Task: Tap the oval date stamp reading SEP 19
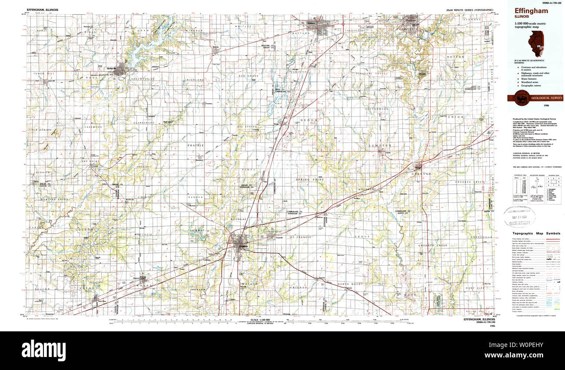point(520,216)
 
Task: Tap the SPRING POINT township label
point(310,179)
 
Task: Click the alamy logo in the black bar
point(43,349)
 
